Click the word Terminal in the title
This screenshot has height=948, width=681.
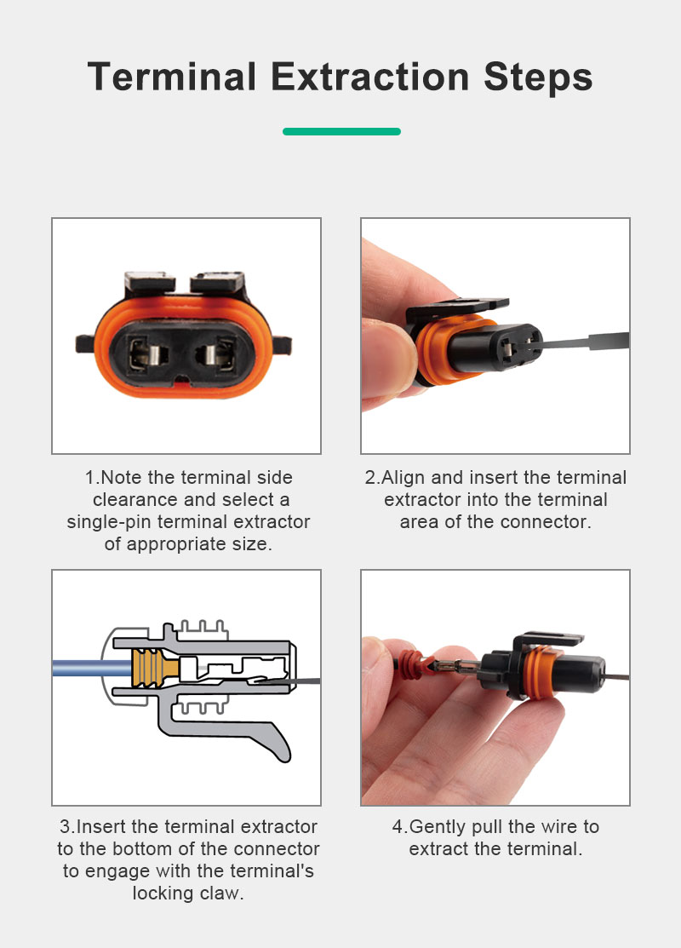[x=172, y=77]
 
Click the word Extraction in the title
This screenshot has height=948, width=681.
[x=369, y=77]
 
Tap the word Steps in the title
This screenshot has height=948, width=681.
[x=538, y=78]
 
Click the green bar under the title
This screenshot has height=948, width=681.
[x=341, y=131]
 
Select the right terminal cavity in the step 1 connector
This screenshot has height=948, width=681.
[x=216, y=354]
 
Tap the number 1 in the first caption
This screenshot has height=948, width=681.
[x=90, y=478]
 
